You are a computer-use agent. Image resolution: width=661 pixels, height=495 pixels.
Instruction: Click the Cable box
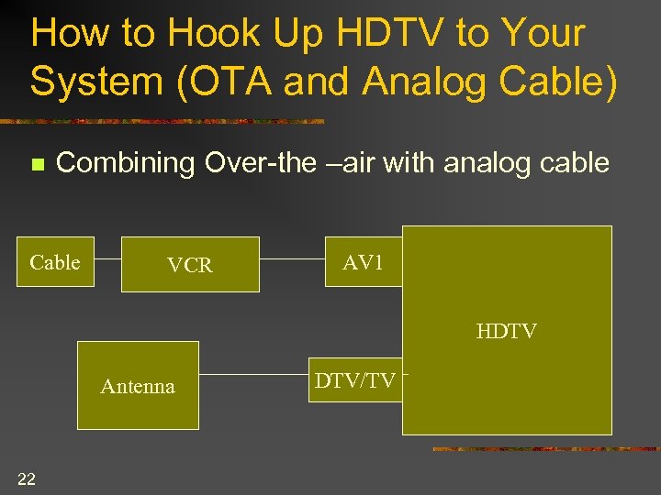point(55,262)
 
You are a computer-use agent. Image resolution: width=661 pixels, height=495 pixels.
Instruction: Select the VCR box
point(190,265)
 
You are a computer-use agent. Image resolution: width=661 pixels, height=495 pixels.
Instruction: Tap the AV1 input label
point(363,262)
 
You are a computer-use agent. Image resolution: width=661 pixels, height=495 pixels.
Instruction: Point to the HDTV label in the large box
point(507,331)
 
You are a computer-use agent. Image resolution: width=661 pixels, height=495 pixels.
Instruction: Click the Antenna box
point(138,386)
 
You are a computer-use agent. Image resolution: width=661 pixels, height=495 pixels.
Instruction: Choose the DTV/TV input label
point(355,380)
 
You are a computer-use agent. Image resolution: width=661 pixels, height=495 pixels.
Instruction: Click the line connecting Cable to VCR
point(108,258)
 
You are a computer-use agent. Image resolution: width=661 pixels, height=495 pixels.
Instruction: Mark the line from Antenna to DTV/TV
point(252,375)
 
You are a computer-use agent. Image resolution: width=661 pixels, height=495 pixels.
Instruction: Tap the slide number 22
point(27,477)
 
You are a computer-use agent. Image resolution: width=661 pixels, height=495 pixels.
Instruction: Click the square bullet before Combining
point(37,165)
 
